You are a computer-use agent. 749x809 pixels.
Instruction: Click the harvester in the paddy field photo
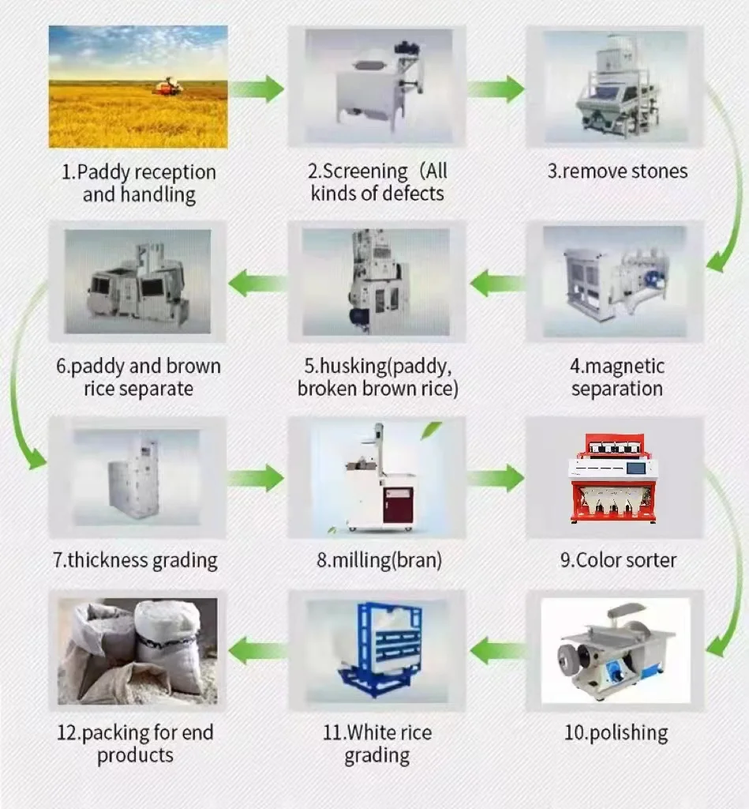click(167, 86)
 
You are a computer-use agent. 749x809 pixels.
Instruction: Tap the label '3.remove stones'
click(617, 171)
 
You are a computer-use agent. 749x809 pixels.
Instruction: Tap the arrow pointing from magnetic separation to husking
click(497, 282)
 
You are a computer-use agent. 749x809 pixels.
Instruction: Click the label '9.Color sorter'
click(618, 561)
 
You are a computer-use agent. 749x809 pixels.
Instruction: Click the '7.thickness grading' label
click(135, 561)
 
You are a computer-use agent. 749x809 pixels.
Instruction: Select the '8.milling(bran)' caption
click(379, 561)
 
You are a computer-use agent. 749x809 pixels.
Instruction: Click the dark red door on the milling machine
click(396, 503)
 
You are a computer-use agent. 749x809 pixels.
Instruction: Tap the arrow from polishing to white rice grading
click(497, 650)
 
